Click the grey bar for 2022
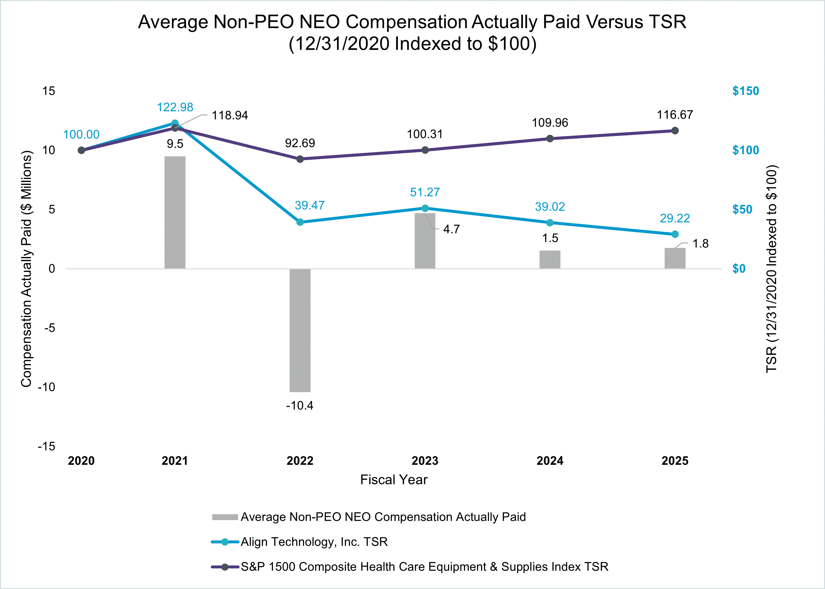[300, 330]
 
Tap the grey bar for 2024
[550, 259]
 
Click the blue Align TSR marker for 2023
[425, 208]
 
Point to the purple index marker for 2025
[675, 131]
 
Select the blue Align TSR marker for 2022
[300, 222]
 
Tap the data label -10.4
[300, 406]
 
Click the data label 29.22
[675, 218]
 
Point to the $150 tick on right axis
[745, 91]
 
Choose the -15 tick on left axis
[47, 446]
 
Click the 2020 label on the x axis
[81, 461]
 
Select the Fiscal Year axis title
[394, 480]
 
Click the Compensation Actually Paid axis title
[26, 268]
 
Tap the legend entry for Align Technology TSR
[314, 542]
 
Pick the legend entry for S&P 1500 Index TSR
[424, 567]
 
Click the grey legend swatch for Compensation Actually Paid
[225, 517]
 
